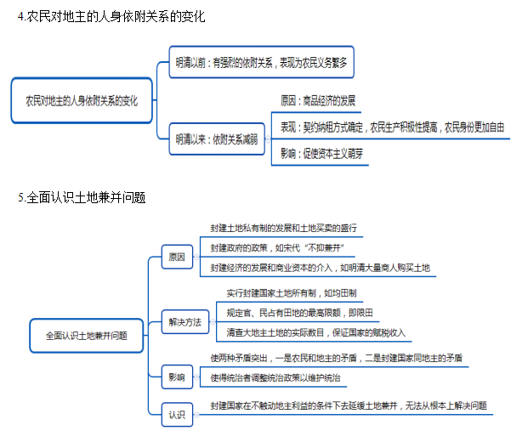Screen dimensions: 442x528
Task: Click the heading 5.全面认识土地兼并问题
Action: click(x=81, y=198)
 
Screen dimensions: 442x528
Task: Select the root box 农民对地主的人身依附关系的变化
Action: click(x=81, y=100)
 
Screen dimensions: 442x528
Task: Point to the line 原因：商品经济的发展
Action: click(x=318, y=101)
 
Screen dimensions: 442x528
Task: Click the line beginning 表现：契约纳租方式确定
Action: click(x=393, y=127)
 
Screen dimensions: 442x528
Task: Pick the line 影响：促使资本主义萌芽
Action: click(x=322, y=154)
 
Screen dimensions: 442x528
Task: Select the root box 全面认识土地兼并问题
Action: click(x=86, y=335)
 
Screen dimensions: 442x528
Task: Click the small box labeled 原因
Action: click(x=177, y=256)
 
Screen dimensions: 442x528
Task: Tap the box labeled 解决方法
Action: click(x=185, y=321)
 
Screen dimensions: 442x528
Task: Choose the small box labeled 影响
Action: click(x=177, y=374)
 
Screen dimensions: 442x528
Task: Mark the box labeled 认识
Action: click(x=177, y=414)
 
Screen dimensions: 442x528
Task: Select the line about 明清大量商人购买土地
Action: click(x=321, y=268)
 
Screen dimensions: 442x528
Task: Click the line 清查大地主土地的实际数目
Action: click(x=321, y=331)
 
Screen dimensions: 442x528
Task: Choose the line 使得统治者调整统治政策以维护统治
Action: click(x=282, y=376)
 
